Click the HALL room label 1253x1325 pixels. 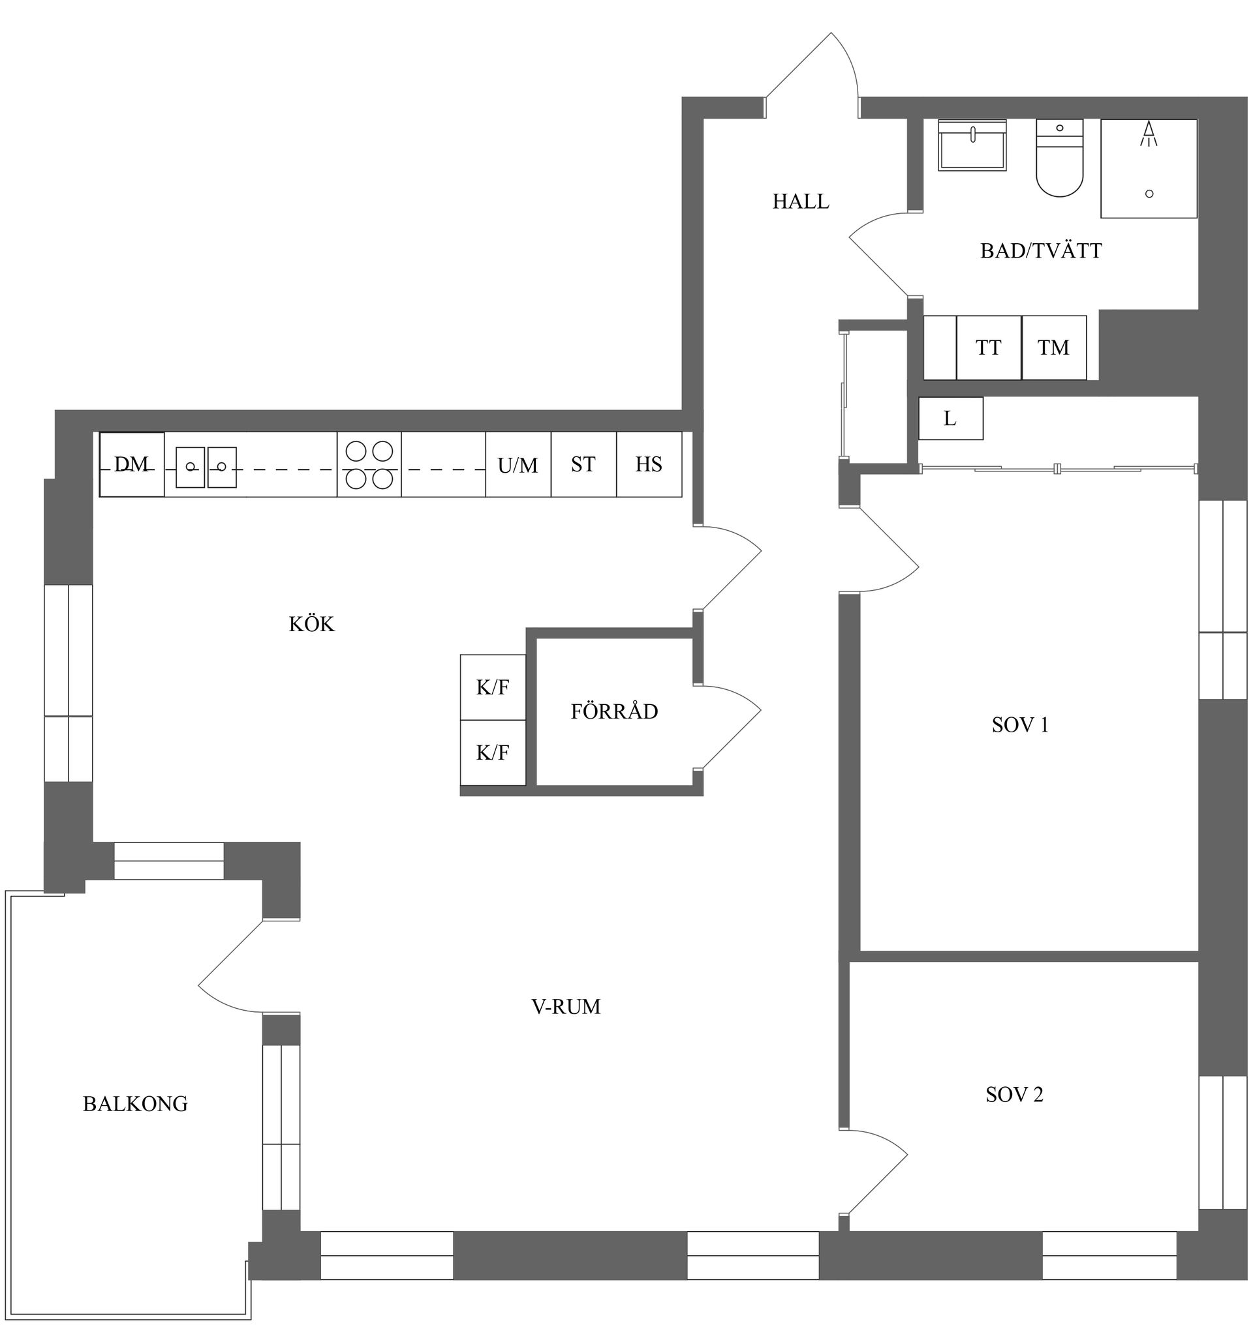800,201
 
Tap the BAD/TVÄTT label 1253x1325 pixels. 1041,251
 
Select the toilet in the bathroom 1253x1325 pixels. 1059,158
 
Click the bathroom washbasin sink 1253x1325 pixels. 972,145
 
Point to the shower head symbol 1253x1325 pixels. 1149,134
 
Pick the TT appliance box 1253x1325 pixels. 989,348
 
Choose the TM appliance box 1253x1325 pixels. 1054,348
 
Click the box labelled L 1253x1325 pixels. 950,419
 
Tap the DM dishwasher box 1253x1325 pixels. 132,464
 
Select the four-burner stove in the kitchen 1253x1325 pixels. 369,464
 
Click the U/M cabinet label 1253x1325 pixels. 518,466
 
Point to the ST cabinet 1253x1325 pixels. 583,464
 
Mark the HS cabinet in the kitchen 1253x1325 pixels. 649,464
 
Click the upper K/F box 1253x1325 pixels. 493,687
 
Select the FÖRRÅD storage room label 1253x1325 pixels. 615,711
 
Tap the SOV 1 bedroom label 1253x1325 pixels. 1020,725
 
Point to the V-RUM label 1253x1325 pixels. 566,1007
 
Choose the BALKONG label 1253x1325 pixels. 135,1104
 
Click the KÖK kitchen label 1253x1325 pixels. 311,624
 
